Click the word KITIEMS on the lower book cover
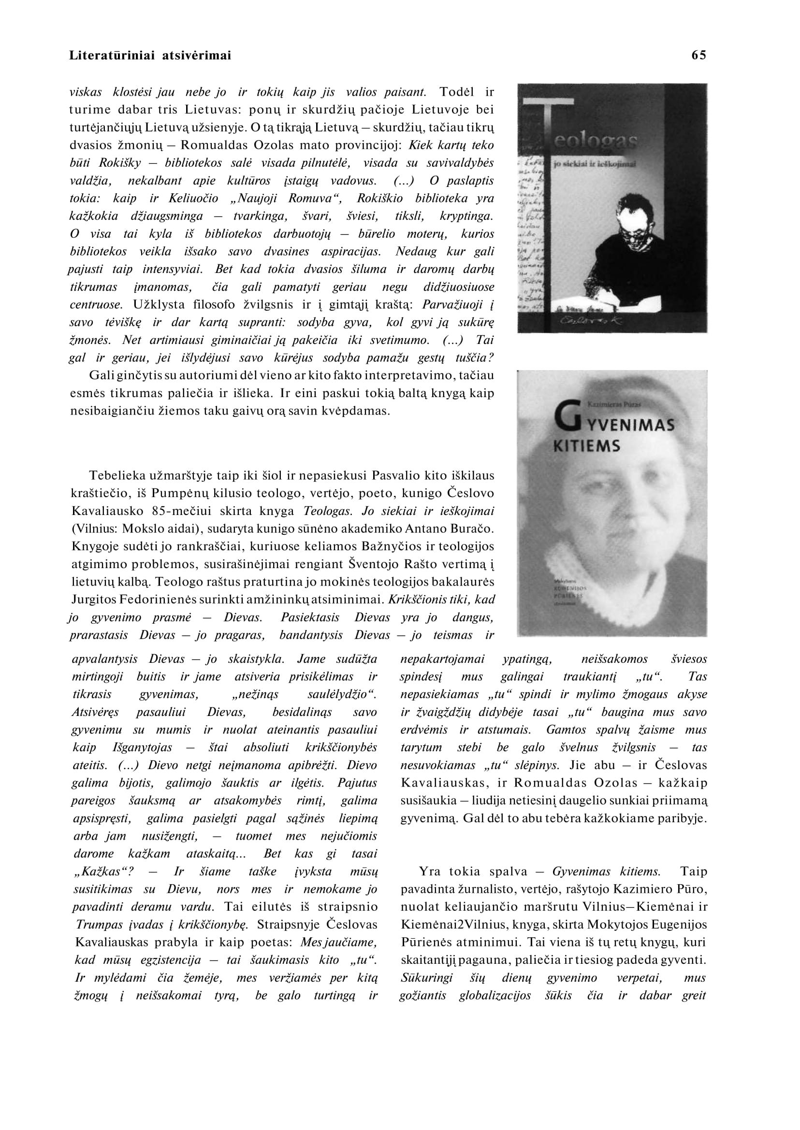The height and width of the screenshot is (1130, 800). pos(587,446)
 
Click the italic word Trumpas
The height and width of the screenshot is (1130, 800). pos(97,924)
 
